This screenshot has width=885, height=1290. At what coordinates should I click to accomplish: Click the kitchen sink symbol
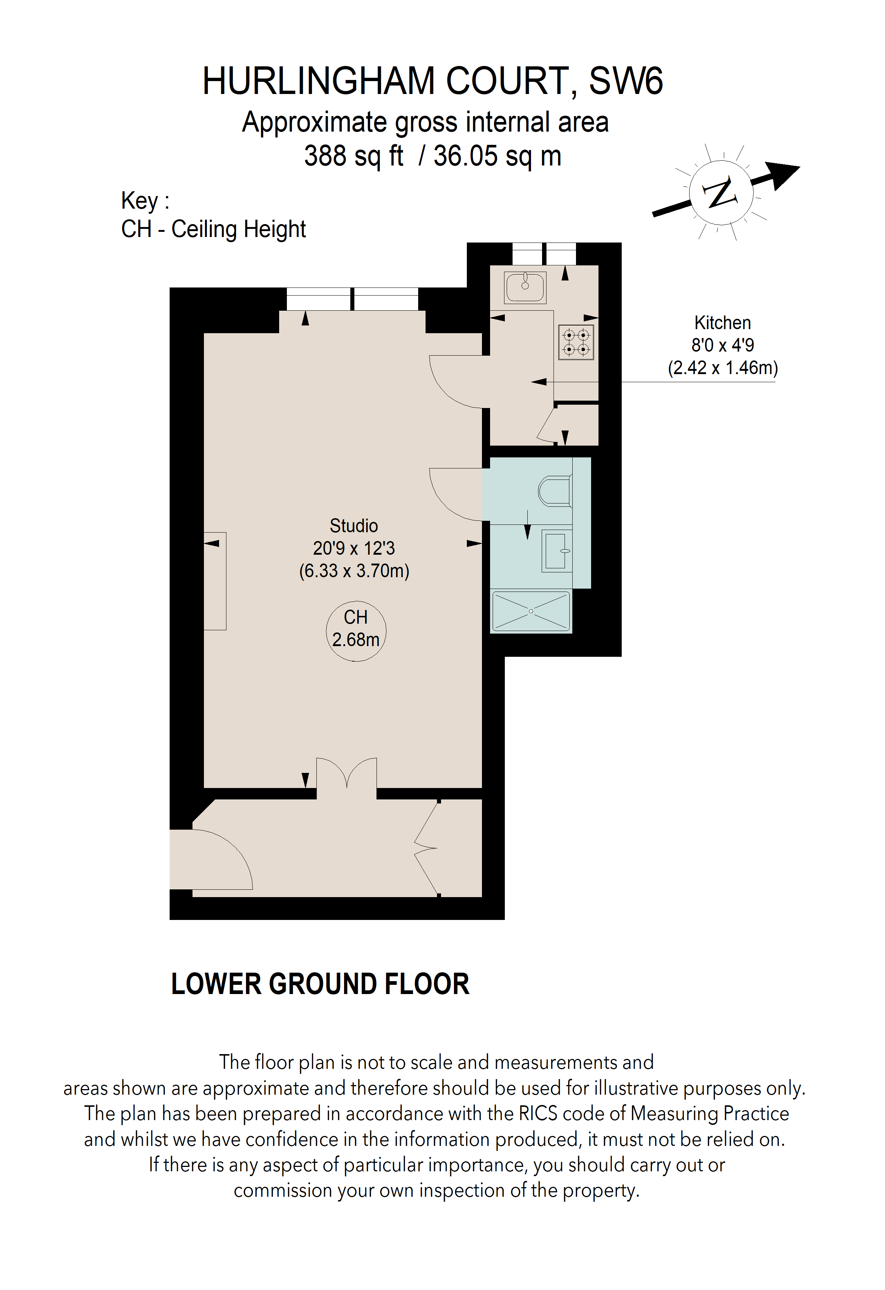pos(525,287)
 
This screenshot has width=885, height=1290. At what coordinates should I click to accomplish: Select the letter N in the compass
pos(721,193)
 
